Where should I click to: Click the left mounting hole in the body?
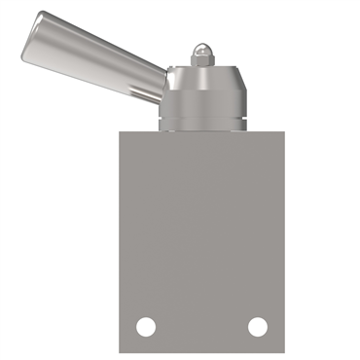pyautogui.click(x=146, y=327)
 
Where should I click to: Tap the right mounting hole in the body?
pyautogui.click(x=258, y=327)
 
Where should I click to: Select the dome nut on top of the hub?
pyautogui.click(x=200, y=52)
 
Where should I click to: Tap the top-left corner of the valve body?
pyautogui.click(x=120, y=132)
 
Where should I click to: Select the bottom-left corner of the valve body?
pyautogui.click(x=120, y=352)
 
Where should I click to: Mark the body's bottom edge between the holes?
pyautogui.click(x=201, y=351)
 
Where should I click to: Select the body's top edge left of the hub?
pyautogui.click(x=138, y=132)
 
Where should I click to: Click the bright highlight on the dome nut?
pyautogui.click(x=198, y=47)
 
